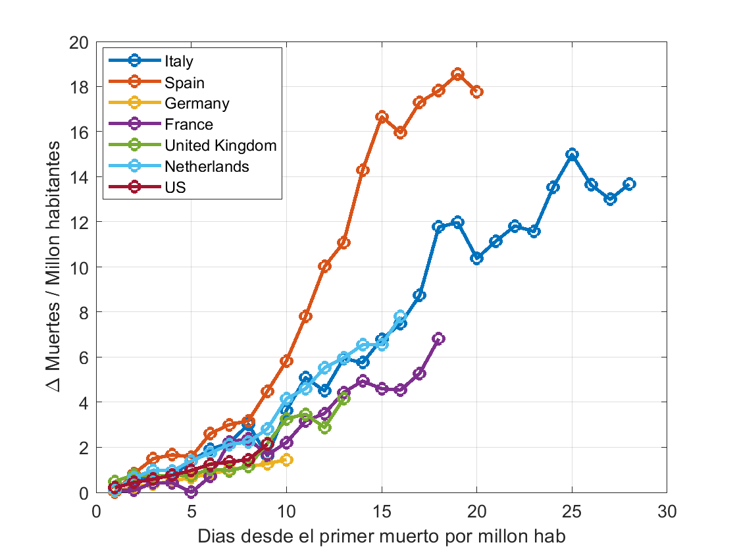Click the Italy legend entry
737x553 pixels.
(179, 61)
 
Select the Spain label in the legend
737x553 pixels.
(184, 83)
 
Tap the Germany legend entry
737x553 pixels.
(197, 103)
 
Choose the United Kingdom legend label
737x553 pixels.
(220, 145)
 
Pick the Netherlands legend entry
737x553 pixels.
(207, 167)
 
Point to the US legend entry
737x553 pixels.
(175, 188)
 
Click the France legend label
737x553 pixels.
(188, 124)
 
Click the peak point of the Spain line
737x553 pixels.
(457, 74)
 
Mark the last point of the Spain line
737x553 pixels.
(476, 92)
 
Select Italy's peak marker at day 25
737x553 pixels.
(572, 154)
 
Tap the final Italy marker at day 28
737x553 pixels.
(629, 184)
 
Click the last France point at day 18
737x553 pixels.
(438, 338)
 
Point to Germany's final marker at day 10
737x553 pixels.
(286, 460)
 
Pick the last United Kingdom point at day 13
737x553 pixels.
(343, 399)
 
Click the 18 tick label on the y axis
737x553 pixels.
(78, 88)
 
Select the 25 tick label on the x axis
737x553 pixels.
(572, 512)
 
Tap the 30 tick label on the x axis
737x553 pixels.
(667, 512)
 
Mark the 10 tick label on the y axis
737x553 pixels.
(78, 267)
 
